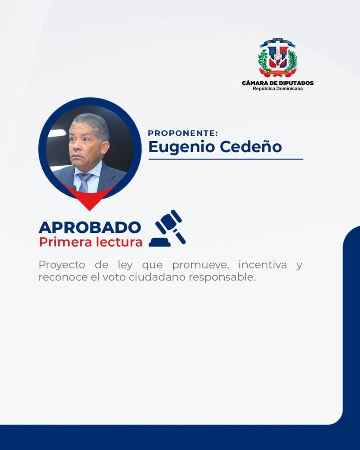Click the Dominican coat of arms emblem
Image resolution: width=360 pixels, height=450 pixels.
tap(277, 58)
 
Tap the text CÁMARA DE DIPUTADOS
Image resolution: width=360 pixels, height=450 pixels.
tap(278, 83)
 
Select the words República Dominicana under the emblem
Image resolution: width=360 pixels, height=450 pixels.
tap(278, 89)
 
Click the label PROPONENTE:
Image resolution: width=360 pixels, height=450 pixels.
tap(183, 133)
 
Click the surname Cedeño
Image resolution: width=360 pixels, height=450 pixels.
tap(251, 147)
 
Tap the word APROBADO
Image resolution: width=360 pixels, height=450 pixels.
tap(90, 227)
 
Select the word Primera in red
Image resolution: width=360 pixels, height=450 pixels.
tap(65, 242)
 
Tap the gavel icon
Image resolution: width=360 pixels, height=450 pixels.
tap(167, 229)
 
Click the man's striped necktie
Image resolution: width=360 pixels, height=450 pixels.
tap(84, 182)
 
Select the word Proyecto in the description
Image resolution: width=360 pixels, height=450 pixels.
tap(62, 265)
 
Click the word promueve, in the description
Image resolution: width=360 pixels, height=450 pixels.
tap(200, 265)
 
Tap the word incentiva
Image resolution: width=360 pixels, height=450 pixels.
tap(263, 265)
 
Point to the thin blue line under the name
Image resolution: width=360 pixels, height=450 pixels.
tap(225, 159)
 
